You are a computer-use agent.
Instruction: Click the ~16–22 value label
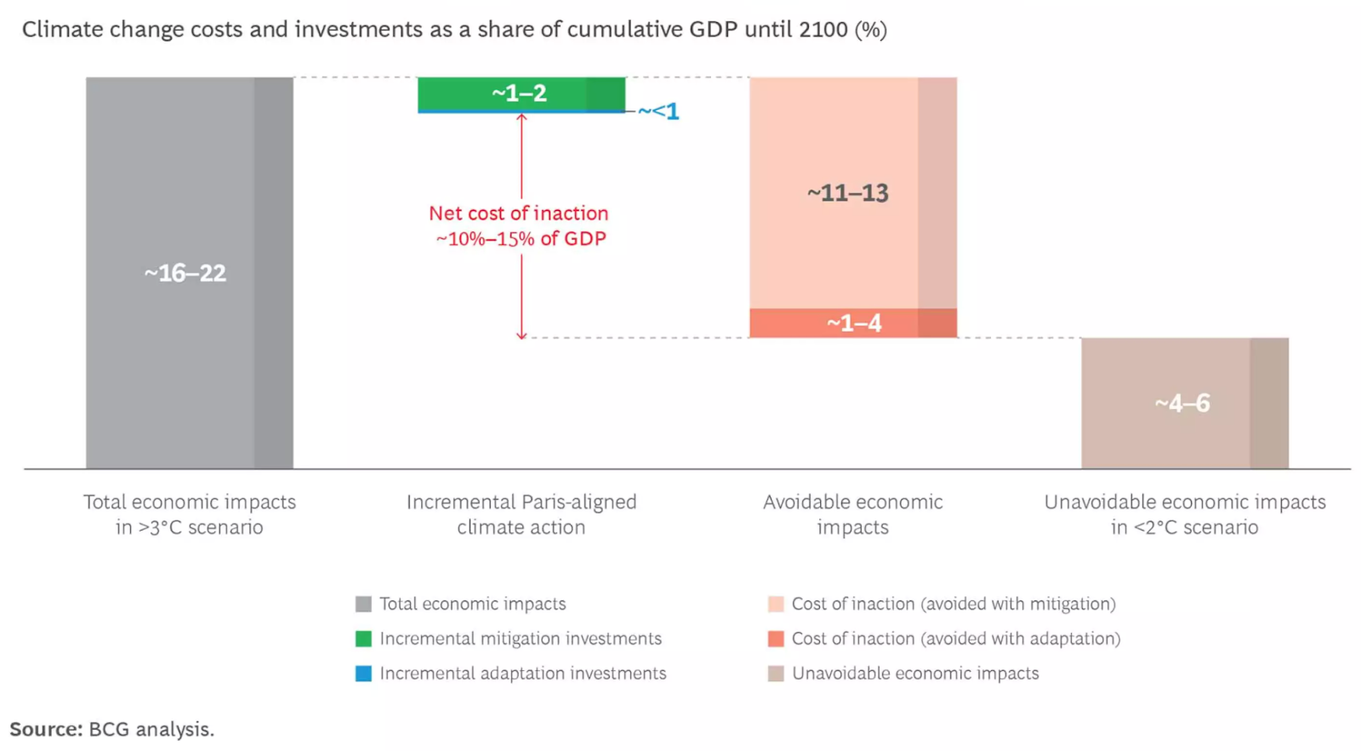pyautogui.click(x=185, y=273)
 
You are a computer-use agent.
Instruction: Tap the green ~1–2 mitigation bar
pyautogui.click(x=521, y=94)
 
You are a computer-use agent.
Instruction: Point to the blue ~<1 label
pyautogui.click(x=658, y=111)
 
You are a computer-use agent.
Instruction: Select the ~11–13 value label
pyautogui.click(x=847, y=193)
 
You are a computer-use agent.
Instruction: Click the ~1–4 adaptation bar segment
pyautogui.click(x=853, y=322)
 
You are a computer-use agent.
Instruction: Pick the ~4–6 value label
pyautogui.click(x=1182, y=403)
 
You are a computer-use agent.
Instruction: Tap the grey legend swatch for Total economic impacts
pyautogui.click(x=363, y=604)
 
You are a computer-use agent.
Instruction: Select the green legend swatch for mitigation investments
pyautogui.click(x=363, y=639)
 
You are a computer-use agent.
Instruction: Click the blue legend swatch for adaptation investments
pyautogui.click(x=363, y=674)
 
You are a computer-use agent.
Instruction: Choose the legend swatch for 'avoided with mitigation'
pyautogui.click(x=776, y=604)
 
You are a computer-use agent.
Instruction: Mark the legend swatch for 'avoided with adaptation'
pyautogui.click(x=776, y=639)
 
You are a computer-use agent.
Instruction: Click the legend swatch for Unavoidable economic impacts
pyautogui.click(x=776, y=674)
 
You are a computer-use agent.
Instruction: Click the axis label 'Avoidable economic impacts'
pyautogui.click(x=853, y=515)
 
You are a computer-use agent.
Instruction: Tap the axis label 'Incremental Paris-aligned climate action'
pyautogui.click(x=521, y=515)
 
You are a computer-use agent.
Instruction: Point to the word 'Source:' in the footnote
pyautogui.click(x=46, y=729)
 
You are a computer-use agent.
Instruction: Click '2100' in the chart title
pyautogui.click(x=823, y=29)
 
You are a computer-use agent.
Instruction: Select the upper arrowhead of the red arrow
pyautogui.click(x=521, y=117)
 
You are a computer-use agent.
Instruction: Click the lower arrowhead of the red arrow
pyautogui.click(x=521, y=335)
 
